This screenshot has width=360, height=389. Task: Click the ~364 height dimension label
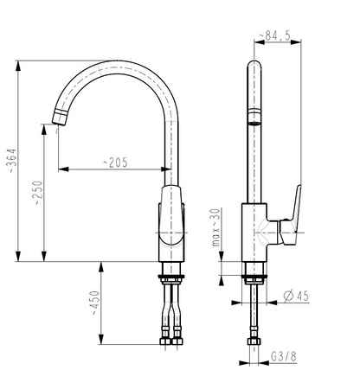[x=12, y=161]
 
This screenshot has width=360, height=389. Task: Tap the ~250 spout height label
[x=38, y=193]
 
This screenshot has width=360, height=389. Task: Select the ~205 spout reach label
[x=115, y=163]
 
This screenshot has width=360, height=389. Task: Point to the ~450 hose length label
[x=95, y=303]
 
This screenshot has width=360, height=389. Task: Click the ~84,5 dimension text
[x=275, y=35]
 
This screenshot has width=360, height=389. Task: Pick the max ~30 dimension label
[x=216, y=227]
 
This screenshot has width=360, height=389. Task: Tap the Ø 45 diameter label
[x=296, y=296]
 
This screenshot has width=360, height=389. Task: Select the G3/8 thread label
[x=284, y=357]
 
